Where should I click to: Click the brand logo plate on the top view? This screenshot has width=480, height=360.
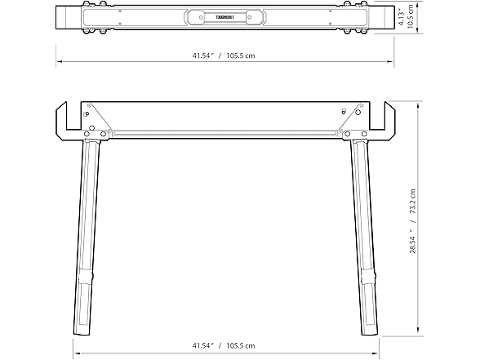coord(225,17)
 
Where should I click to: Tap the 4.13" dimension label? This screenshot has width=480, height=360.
coord(402,17)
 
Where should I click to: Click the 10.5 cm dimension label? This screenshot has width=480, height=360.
coord(411,17)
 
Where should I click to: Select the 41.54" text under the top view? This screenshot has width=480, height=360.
coord(202,56)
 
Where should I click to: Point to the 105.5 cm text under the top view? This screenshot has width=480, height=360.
coord(241,56)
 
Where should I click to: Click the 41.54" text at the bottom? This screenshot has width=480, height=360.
coord(202,345)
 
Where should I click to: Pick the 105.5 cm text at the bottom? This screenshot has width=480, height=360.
coord(241,345)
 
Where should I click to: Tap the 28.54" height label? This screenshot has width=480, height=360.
coord(413,239)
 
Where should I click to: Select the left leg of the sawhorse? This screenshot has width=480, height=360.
coord(87,238)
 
